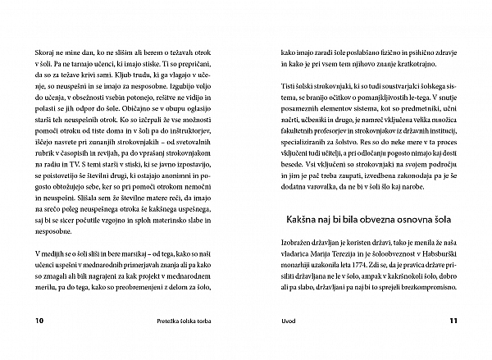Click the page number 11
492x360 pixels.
pos(451,321)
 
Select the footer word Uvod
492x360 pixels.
pos(288,321)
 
